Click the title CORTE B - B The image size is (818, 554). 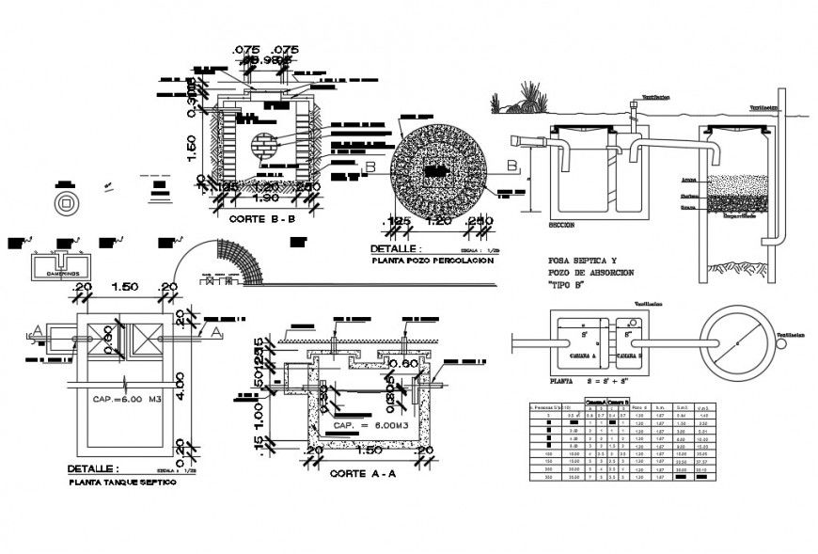(262, 217)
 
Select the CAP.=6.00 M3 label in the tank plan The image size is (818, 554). (127, 399)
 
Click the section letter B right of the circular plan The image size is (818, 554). (513, 166)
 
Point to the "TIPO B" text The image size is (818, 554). (565, 285)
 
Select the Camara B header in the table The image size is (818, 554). (615, 402)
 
